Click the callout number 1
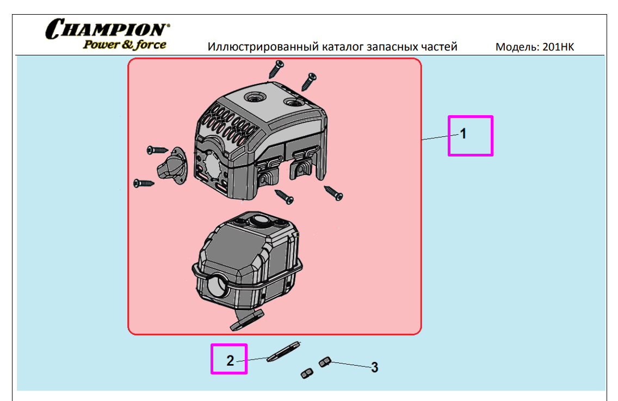463,134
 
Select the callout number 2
230,360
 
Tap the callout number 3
374,368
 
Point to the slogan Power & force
125,45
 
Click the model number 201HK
558,47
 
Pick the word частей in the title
439,47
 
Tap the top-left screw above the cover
276,69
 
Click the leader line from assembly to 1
437,138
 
